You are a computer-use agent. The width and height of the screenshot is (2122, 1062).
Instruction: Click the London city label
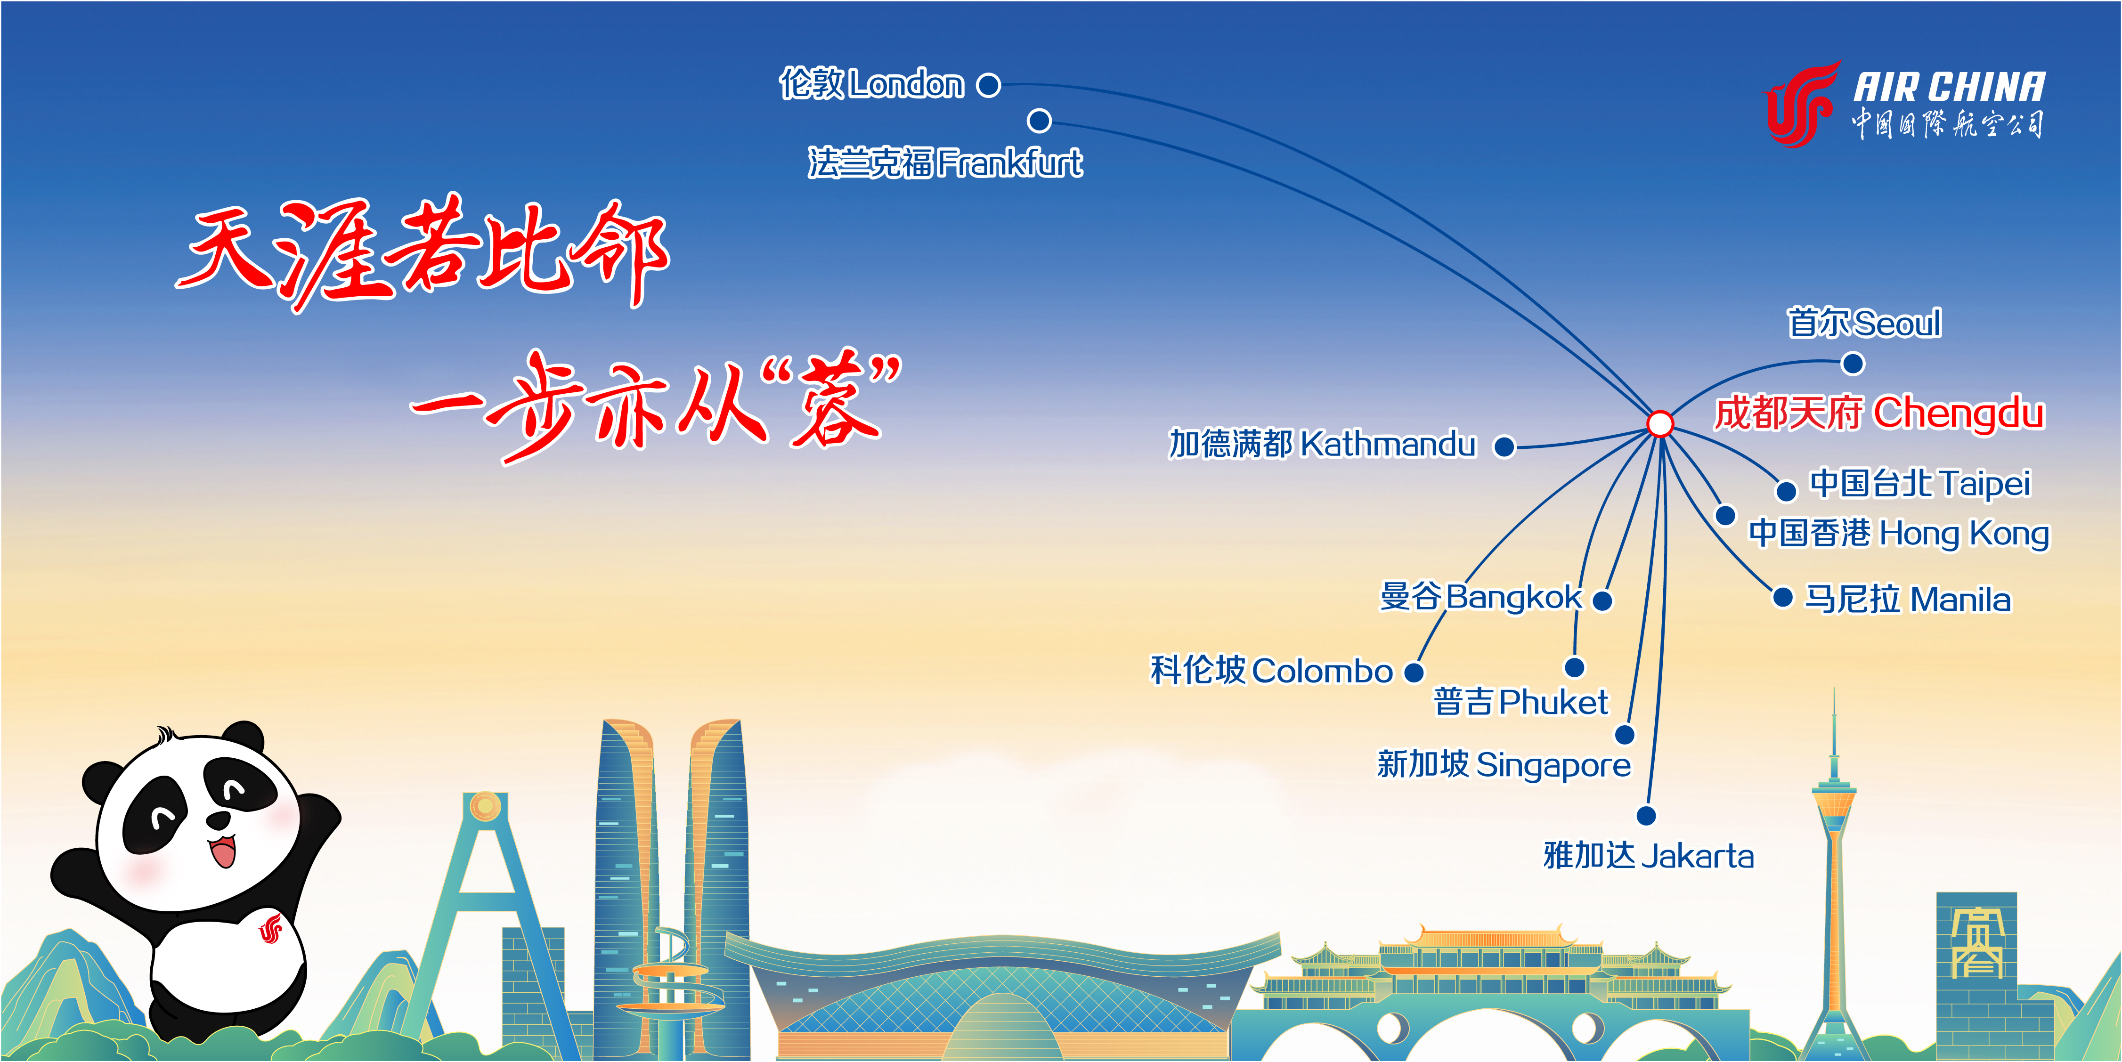871,84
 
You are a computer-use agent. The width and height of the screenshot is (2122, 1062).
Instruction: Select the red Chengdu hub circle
1660,423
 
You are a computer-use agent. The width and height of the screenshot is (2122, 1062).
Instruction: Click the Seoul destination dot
1853,363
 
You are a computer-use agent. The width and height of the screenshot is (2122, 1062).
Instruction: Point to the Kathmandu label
1322,444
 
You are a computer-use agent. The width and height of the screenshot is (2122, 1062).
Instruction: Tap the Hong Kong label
1899,533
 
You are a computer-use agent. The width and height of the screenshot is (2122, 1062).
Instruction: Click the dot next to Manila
1782,597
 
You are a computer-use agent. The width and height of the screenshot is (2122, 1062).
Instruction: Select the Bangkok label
1481,597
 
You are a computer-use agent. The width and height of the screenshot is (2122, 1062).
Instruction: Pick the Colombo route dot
1414,673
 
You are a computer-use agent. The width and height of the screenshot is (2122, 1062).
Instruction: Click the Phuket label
1520,703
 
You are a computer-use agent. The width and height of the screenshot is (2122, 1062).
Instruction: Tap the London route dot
989,85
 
